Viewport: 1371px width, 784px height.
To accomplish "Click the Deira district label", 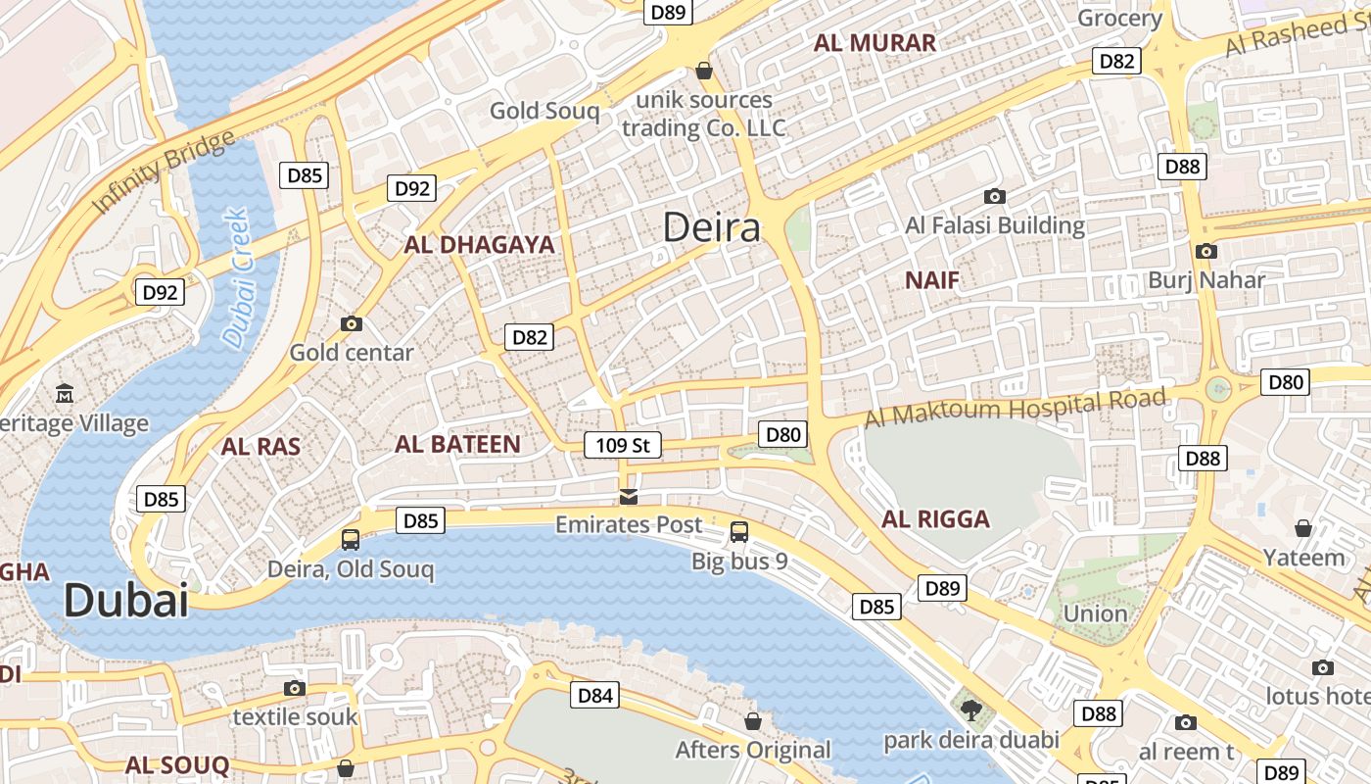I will pos(711,227).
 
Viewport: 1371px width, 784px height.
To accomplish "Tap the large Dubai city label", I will pos(125,600).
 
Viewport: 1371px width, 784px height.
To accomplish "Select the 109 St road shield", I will pos(623,445).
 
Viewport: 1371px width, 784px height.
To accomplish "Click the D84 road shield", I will pos(595,696).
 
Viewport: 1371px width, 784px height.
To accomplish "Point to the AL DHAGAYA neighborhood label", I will pos(479,245).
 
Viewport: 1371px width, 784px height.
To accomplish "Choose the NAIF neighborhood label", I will pos(932,280).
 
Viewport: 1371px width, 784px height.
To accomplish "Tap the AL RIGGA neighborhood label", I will pos(936,519).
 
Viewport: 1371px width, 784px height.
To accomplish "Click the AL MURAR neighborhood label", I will pos(875,43).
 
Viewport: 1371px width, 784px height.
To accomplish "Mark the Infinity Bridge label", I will pos(164,171).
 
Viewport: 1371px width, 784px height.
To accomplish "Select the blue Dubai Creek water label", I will pos(236,277).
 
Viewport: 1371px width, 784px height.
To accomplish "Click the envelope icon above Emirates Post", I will pos(629,497).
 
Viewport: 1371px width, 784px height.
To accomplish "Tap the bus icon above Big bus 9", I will pos(739,532).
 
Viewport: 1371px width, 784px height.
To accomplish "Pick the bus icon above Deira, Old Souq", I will pos(351,539).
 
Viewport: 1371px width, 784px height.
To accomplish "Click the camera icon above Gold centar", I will pos(351,323).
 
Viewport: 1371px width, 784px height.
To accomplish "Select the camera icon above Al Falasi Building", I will pos(994,197).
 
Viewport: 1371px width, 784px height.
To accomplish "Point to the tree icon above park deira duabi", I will pos(970,710).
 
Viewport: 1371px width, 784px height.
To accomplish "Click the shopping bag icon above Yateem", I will pos(1303,528).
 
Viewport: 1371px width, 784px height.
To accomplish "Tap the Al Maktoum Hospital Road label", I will pos(1015,407).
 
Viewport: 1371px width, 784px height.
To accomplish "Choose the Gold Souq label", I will pos(544,111).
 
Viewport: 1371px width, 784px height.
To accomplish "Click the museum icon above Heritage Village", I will pos(65,394).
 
